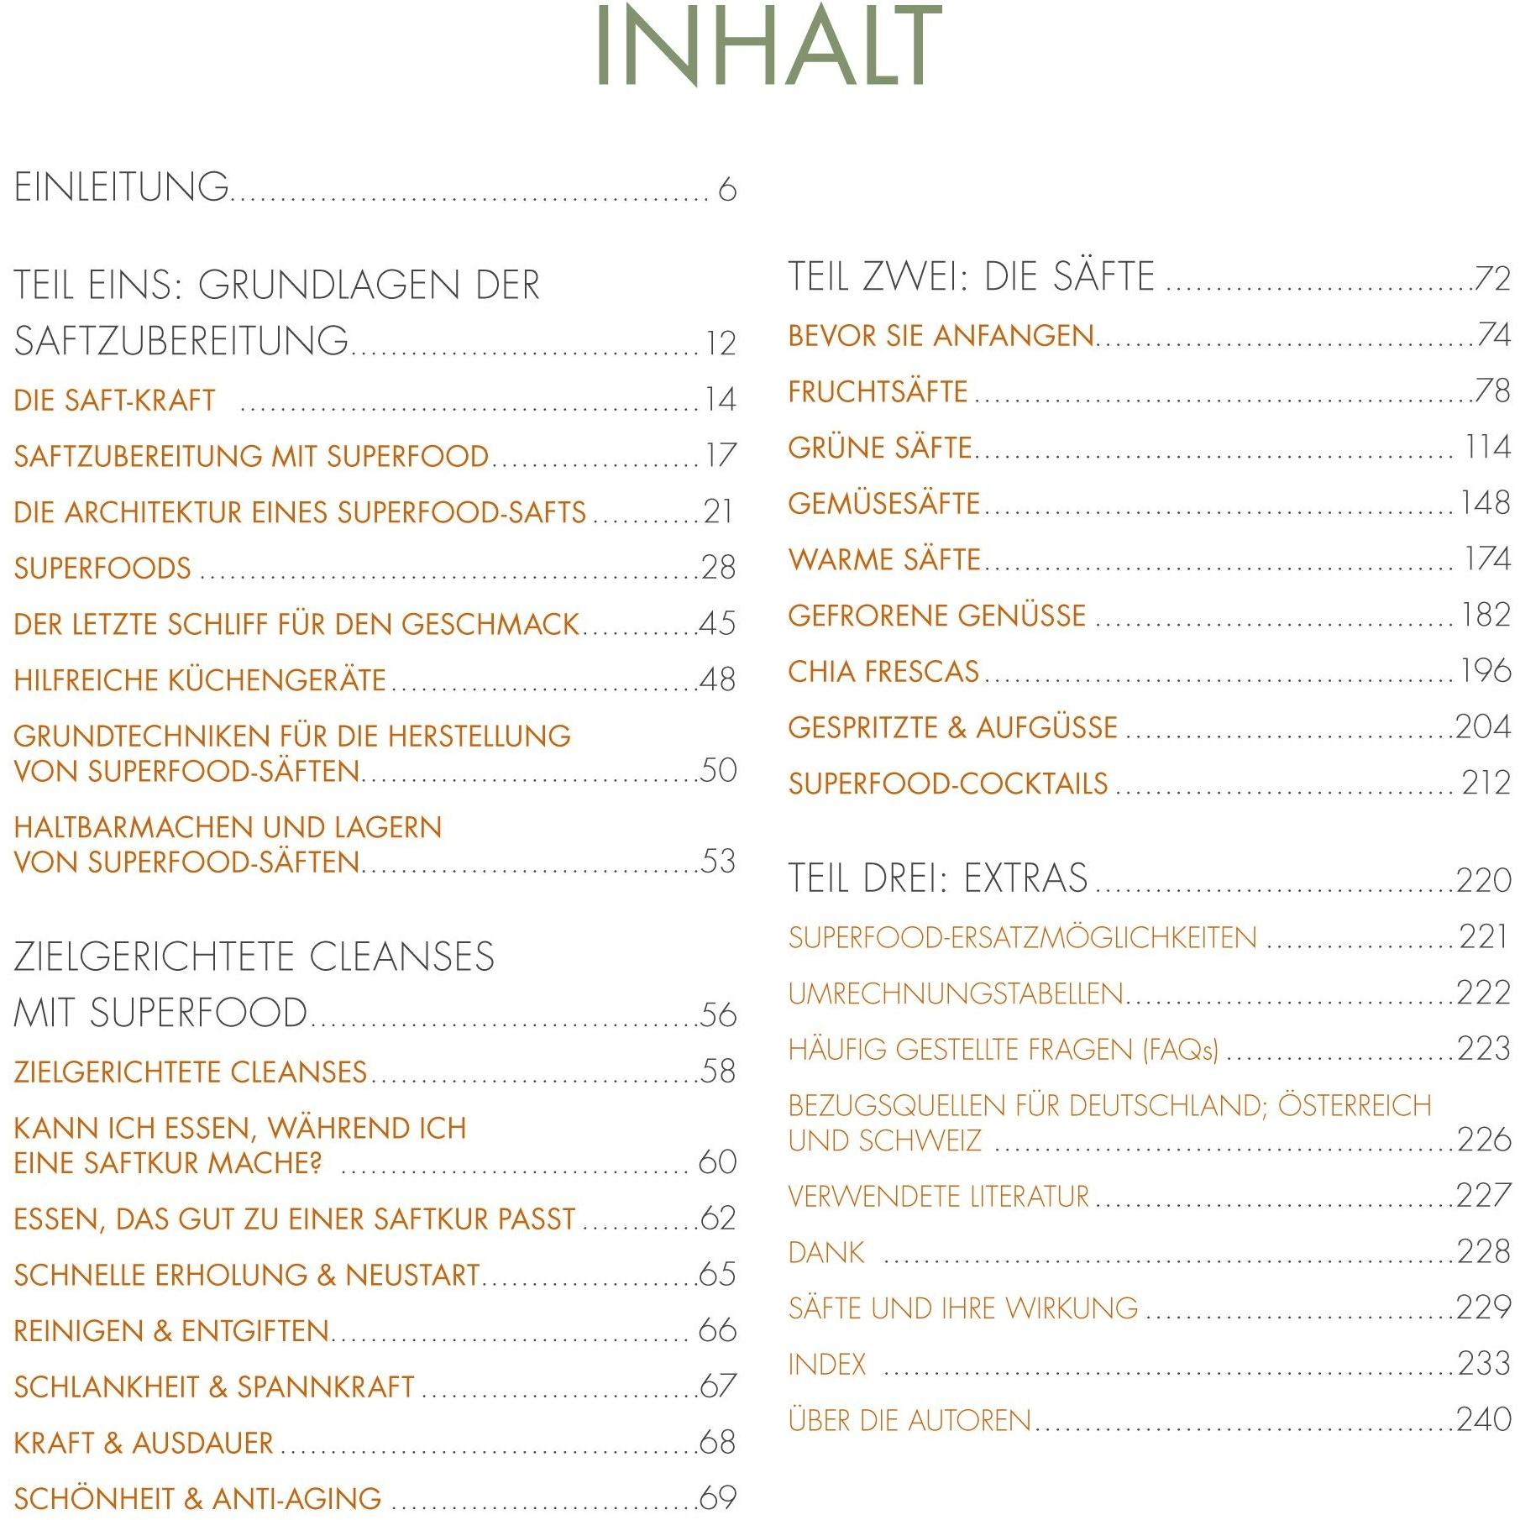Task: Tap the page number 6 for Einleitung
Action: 727,190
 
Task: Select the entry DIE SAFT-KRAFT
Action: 115,401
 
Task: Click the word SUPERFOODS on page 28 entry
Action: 102,569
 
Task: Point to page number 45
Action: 718,624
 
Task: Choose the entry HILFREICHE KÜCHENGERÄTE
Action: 200,680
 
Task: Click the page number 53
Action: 719,862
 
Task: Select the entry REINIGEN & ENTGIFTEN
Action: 171,1331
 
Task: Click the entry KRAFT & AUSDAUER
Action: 144,1443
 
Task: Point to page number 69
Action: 719,1498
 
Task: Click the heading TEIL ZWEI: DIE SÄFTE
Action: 972,277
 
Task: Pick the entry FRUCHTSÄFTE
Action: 878,392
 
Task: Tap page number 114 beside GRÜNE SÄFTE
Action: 1487,448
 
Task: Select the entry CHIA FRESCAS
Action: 883,672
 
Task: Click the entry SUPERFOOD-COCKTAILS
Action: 948,784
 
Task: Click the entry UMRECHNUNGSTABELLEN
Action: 956,994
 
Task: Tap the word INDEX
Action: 827,1365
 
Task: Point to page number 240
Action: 1484,1420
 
